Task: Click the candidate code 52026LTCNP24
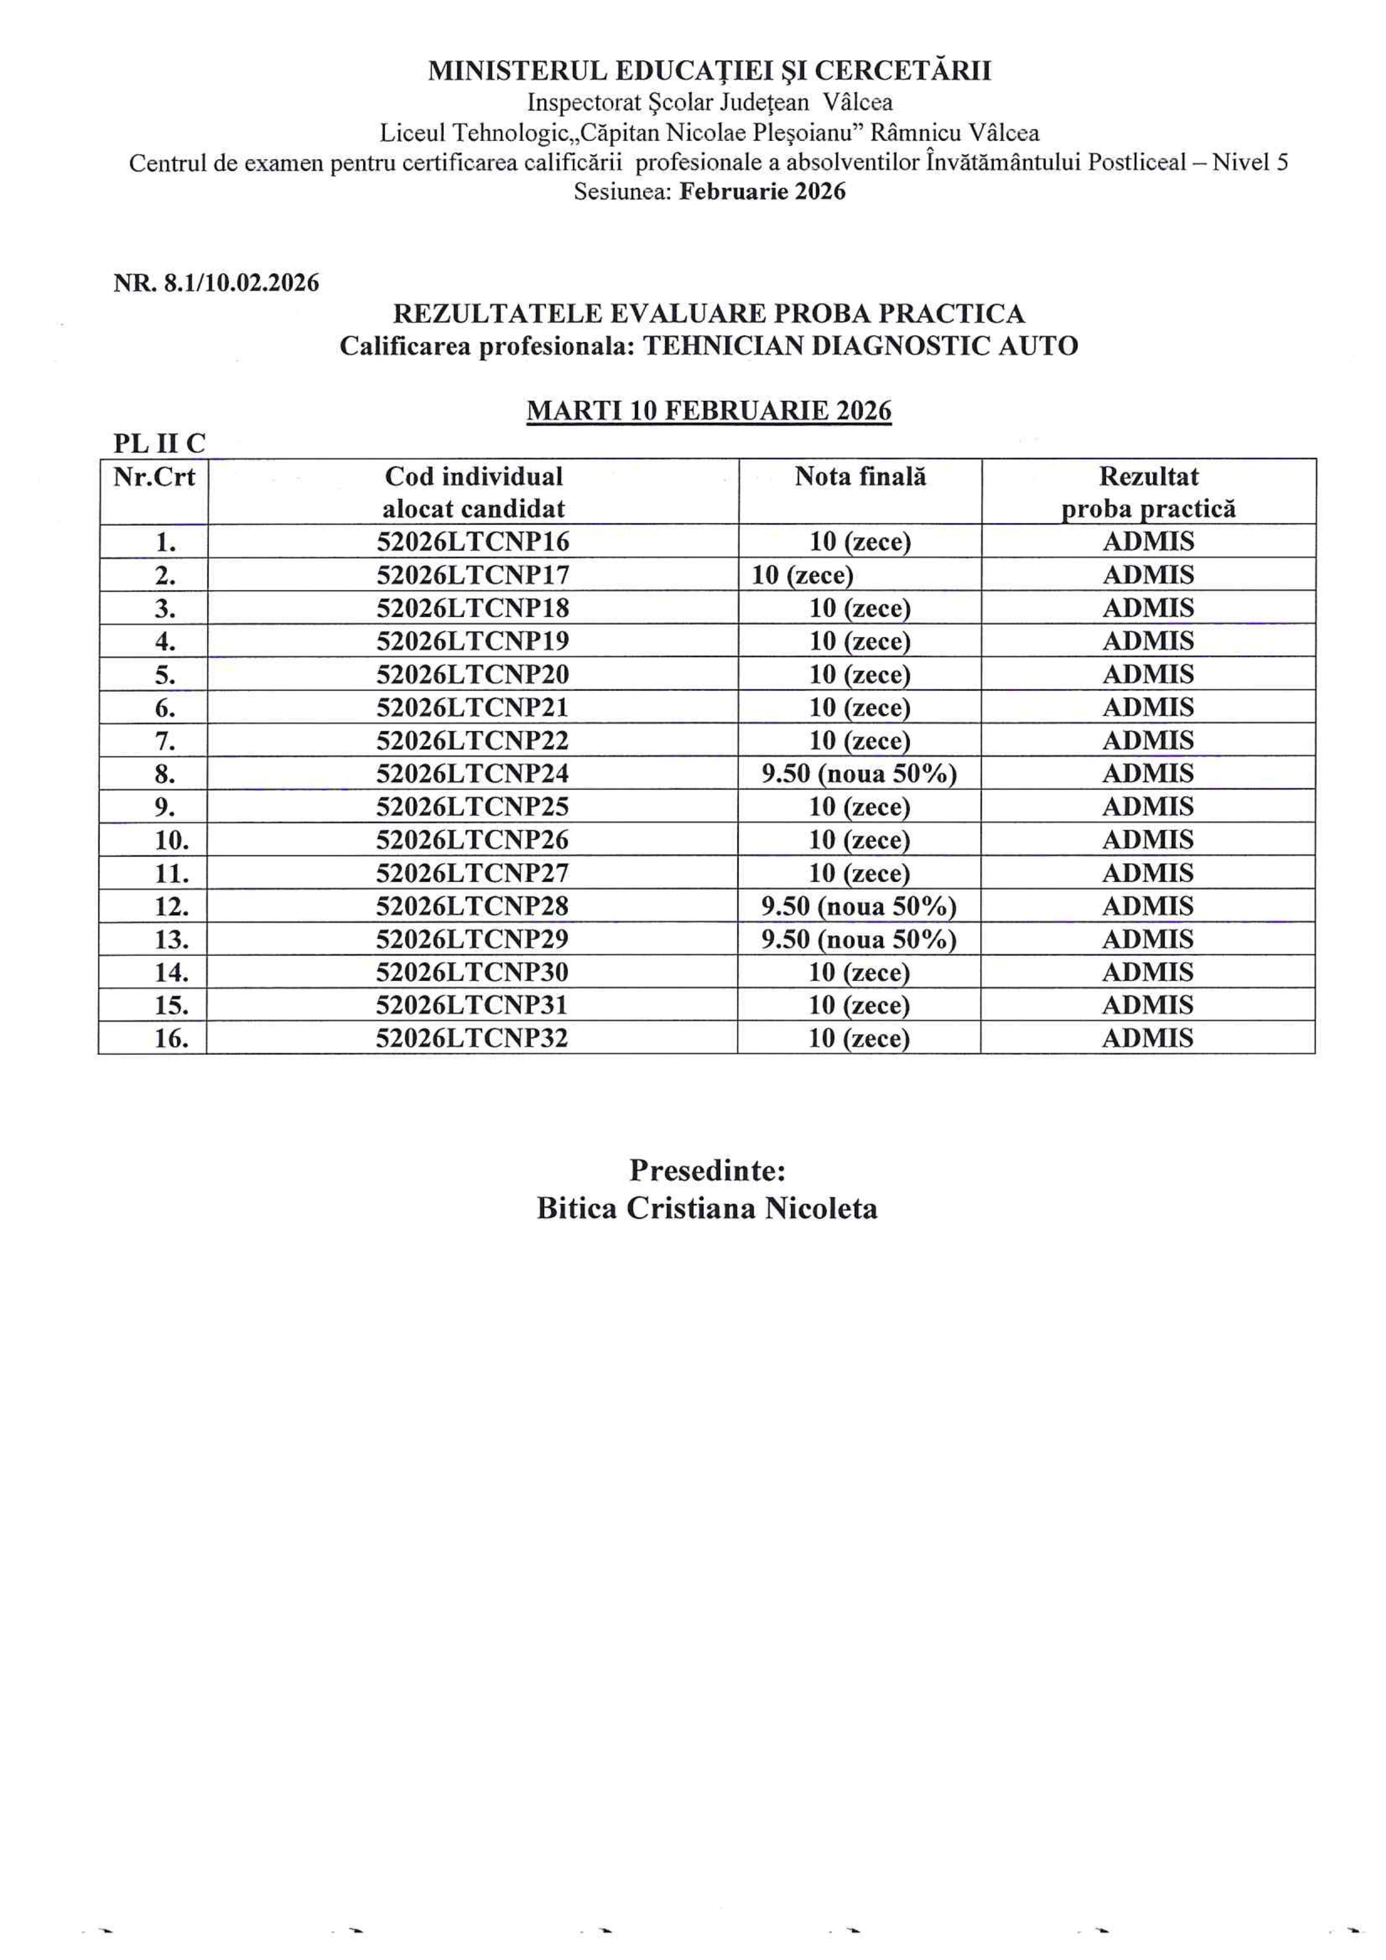click(472, 773)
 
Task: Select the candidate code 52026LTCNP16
click(472, 542)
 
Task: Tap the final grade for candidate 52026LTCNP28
click(858, 906)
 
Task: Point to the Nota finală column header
click(859, 476)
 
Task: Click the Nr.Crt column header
click(154, 476)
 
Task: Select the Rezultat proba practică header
click(1148, 492)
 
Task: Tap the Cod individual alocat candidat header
click(473, 492)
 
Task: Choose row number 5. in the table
click(165, 675)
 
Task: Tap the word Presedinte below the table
click(707, 1170)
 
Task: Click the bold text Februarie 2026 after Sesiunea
click(761, 191)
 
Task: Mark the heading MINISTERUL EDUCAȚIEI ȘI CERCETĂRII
click(709, 71)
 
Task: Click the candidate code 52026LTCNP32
click(472, 1038)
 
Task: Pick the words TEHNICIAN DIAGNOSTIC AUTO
click(860, 346)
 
